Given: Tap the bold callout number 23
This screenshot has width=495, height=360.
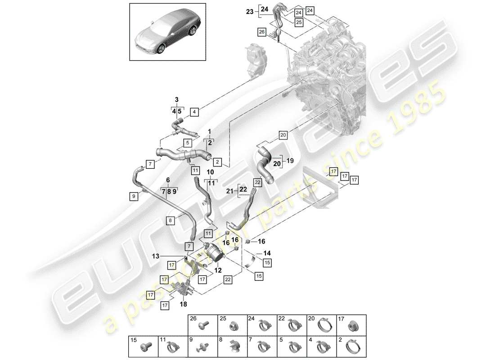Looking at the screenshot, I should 250,13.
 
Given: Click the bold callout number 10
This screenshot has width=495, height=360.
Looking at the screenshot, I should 210,172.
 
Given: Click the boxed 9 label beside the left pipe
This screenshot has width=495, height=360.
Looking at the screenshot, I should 133,196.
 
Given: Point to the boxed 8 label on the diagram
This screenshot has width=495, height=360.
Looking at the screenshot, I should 171,220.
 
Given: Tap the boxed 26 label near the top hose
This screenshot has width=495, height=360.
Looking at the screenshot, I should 261,31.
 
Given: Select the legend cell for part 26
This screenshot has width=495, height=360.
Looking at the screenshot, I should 202,326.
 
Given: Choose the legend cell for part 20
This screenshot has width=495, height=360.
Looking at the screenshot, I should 322,326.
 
